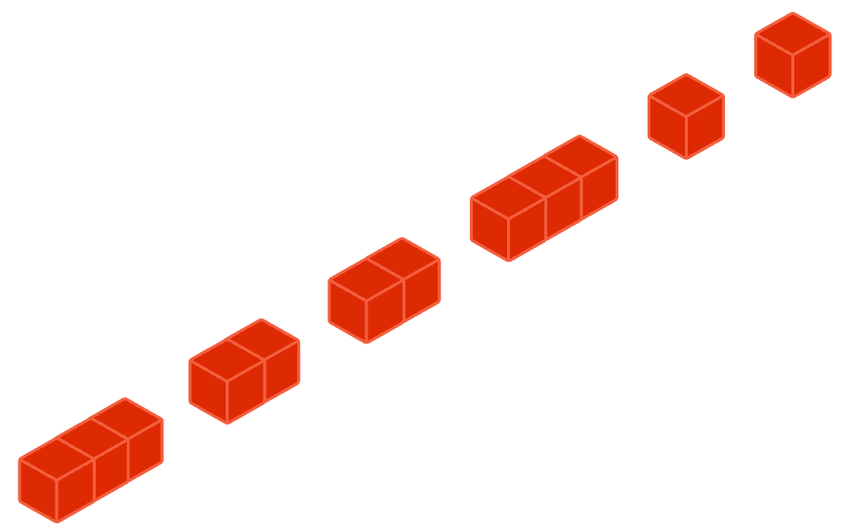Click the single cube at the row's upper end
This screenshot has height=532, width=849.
[792, 55]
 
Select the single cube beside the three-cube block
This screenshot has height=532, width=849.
[686, 116]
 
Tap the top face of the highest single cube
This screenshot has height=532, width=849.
[792, 34]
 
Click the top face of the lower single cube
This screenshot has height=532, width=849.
[686, 96]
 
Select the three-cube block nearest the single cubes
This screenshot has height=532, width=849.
[543, 198]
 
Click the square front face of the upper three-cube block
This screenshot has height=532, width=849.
[489, 229]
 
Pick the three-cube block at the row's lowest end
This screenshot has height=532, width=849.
[90, 460]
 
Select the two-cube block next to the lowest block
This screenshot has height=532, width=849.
[244, 371]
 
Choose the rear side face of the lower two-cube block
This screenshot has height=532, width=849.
[281, 369]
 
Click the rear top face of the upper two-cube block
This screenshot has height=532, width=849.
[403, 259]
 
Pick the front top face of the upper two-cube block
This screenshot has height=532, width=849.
[366, 280]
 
